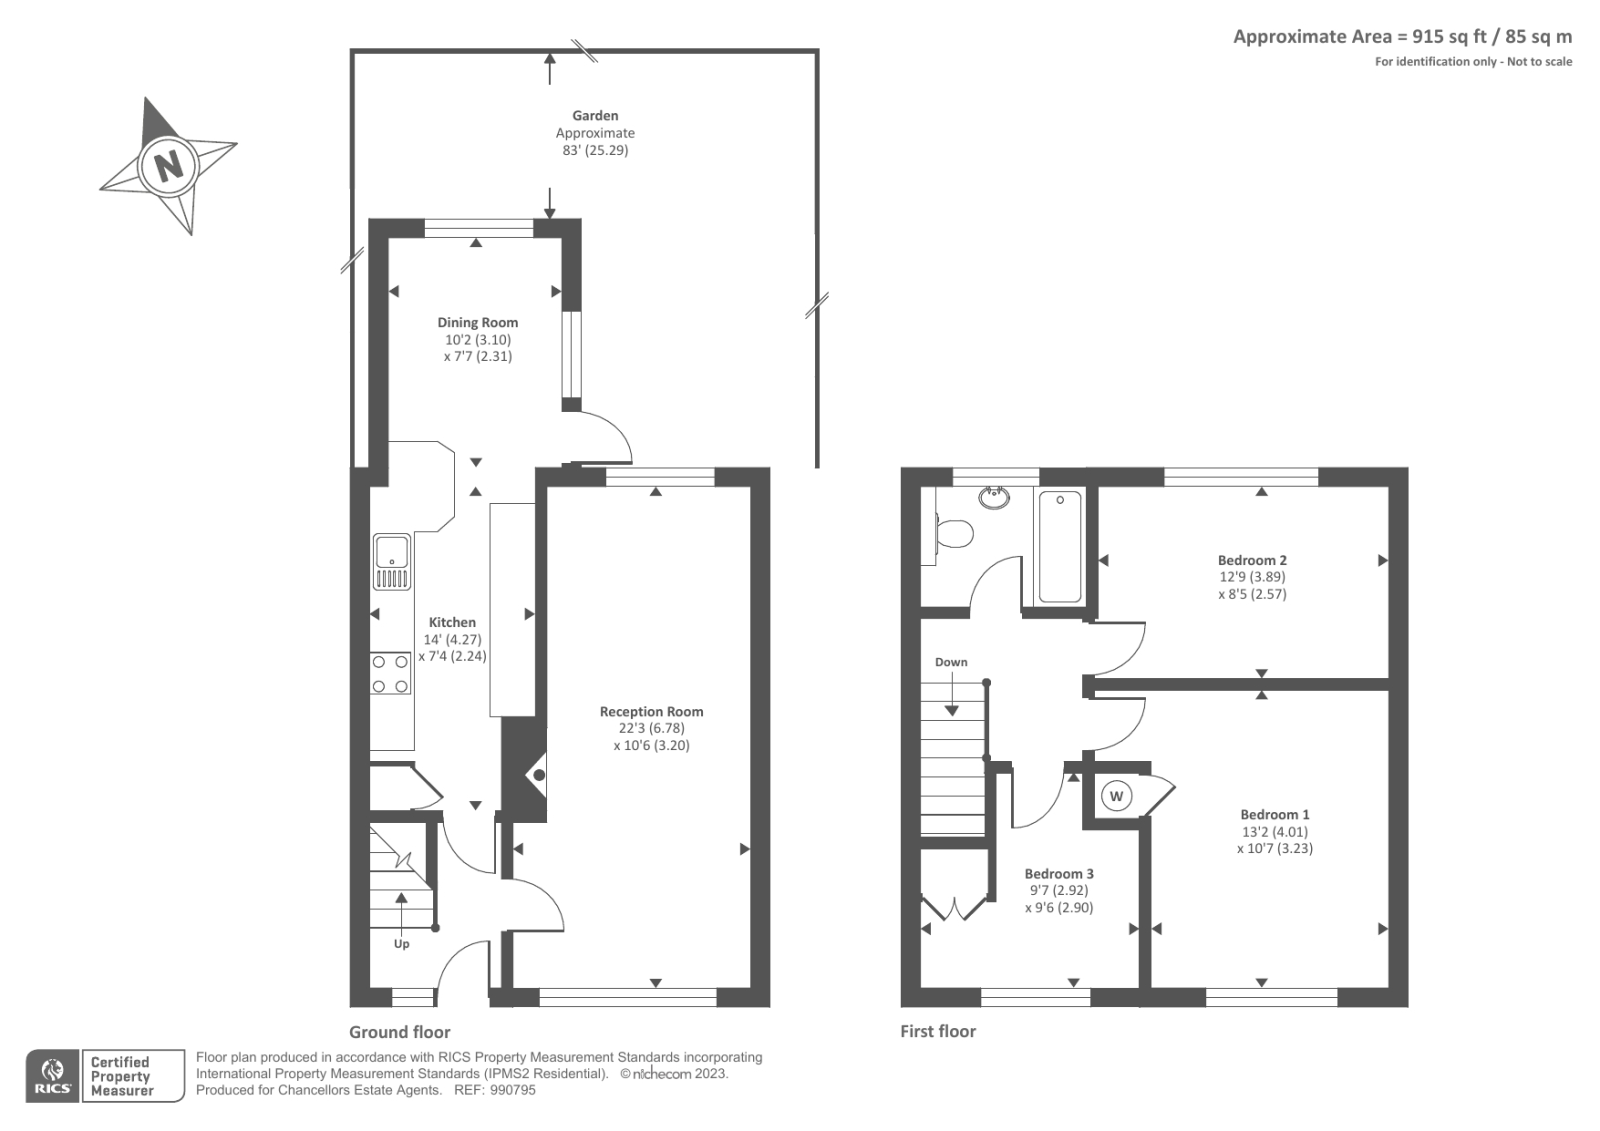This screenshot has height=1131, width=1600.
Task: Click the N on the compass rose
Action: (x=168, y=165)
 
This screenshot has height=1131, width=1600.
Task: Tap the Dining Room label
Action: (x=477, y=322)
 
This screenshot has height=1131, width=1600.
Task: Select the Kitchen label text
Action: (x=452, y=622)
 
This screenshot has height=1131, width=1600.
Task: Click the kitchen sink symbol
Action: (x=392, y=561)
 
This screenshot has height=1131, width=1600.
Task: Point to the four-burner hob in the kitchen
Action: (x=390, y=673)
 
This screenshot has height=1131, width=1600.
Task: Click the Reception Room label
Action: (x=651, y=712)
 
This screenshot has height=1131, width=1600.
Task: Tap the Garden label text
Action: (x=595, y=116)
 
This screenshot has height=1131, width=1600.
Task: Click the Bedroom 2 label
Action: (x=1252, y=560)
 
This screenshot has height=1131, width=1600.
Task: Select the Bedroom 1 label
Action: (x=1274, y=815)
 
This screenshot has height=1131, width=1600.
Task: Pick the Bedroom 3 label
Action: (x=1059, y=874)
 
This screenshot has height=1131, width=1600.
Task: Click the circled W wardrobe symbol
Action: (x=1117, y=796)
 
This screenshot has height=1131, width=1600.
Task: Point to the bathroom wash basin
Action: (x=994, y=497)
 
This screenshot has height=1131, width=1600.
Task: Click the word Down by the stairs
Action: (x=951, y=662)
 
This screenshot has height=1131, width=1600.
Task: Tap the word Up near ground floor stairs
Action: (x=401, y=944)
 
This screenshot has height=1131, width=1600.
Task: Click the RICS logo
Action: (x=53, y=1076)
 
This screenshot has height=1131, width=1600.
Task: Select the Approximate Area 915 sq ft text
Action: (x=1402, y=37)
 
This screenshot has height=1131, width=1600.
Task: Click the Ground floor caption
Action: (x=399, y=1032)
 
